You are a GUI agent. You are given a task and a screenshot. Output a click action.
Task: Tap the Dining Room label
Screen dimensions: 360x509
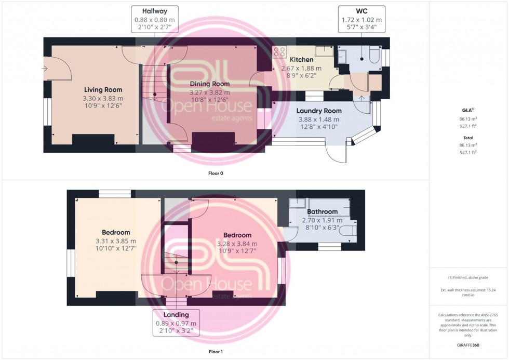point(209,84)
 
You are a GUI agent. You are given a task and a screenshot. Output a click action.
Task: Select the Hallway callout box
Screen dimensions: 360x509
point(154,20)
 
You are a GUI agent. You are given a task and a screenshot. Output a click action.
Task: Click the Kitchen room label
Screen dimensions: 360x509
point(301,60)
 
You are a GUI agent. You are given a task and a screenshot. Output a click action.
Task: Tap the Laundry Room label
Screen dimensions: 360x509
point(318,111)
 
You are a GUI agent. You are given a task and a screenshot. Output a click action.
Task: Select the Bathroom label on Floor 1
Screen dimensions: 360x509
point(322,211)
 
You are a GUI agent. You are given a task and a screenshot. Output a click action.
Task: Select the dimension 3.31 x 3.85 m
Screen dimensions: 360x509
point(116,241)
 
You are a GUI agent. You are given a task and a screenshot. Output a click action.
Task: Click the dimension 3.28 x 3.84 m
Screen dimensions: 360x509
point(237,244)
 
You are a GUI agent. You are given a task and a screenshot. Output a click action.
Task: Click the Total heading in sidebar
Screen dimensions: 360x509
point(468,138)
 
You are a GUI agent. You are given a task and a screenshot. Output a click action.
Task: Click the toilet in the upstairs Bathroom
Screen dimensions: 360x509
point(347,231)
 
